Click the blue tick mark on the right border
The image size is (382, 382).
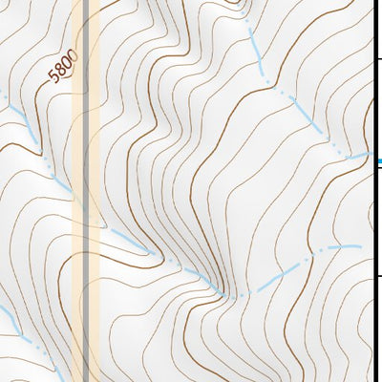click(378, 161)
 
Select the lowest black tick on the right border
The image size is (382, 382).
click(378, 279)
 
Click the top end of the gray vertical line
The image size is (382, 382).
click(87, 2)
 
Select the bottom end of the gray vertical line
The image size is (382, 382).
click(87, 379)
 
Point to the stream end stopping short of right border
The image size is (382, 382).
click(361, 246)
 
